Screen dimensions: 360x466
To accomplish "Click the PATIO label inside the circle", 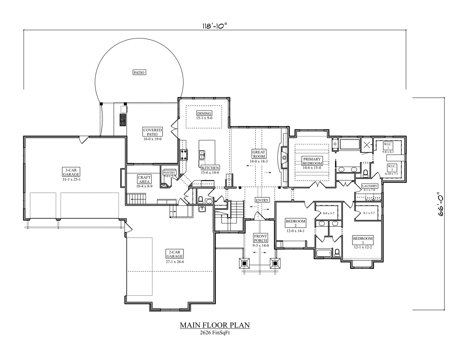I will [139, 73].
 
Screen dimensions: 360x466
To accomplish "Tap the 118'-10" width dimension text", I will [214, 26].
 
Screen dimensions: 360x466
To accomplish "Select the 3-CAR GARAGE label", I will [71, 172].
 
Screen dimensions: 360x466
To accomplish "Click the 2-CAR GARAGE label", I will [175, 254].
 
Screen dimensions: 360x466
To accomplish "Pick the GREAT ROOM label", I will [259, 154].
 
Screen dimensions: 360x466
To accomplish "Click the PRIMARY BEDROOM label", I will [312, 161].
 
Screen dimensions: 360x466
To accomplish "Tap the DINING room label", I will [204, 113].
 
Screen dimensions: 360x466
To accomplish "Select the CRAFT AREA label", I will [144, 179].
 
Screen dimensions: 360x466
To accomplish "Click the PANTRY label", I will [169, 172].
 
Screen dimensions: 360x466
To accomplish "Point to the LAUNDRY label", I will [370, 186].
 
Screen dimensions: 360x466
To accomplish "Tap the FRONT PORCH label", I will [260, 238].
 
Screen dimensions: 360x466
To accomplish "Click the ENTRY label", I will [262, 200].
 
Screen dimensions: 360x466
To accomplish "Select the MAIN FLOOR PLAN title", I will [215, 325].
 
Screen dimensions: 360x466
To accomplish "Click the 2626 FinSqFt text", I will [215, 333].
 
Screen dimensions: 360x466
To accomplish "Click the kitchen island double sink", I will [202, 155].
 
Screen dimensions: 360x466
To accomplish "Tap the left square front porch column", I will [244, 264].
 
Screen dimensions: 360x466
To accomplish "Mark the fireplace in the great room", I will [284, 158].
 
